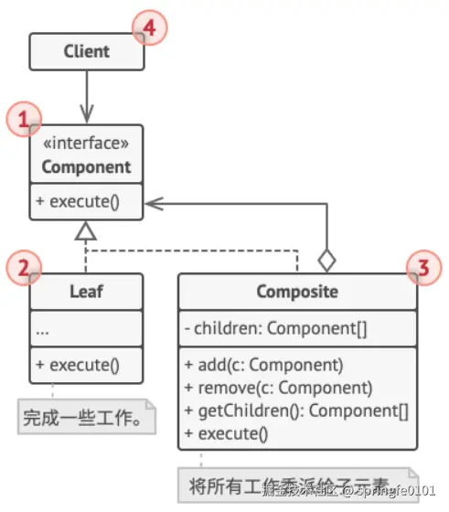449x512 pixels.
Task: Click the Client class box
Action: [86, 52]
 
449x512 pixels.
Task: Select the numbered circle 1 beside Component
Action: [25, 119]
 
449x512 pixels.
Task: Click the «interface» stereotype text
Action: [86, 144]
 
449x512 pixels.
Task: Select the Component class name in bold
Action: [86, 167]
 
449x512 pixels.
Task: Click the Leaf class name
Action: [86, 293]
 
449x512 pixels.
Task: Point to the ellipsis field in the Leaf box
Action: [44, 330]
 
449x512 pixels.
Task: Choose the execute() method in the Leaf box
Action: [78, 365]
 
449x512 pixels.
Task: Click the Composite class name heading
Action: [296, 293]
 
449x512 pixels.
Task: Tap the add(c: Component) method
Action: [264, 365]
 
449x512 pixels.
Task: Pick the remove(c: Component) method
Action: [278, 387]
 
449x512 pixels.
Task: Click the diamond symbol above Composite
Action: [326, 260]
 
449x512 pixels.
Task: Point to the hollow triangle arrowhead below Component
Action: [86, 230]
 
